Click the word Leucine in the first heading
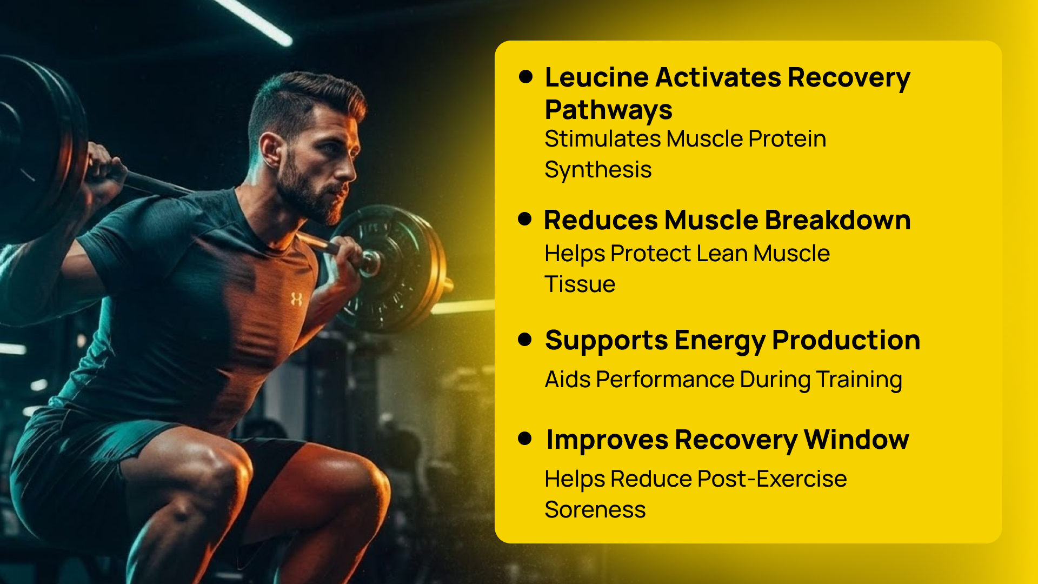pyautogui.click(x=596, y=77)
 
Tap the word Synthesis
pyautogui.click(x=598, y=170)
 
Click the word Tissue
pyautogui.click(x=580, y=284)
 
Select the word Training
pyautogui.click(x=859, y=380)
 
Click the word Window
pyautogui.click(x=856, y=440)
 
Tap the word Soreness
pyautogui.click(x=595, y=510)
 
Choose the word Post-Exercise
pyautogui.click(x=772, y=479)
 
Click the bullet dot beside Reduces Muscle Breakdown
pyautogui.click(x=524, y=219)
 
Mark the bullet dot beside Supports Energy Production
pyautogui.click(x=524, y=340)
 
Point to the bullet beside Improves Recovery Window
pyautogui.click(x=524, y=438)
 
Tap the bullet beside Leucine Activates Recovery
pyautogui.click(x=525, y=76)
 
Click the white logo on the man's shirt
pyautogui.click(x=296, y=299)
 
